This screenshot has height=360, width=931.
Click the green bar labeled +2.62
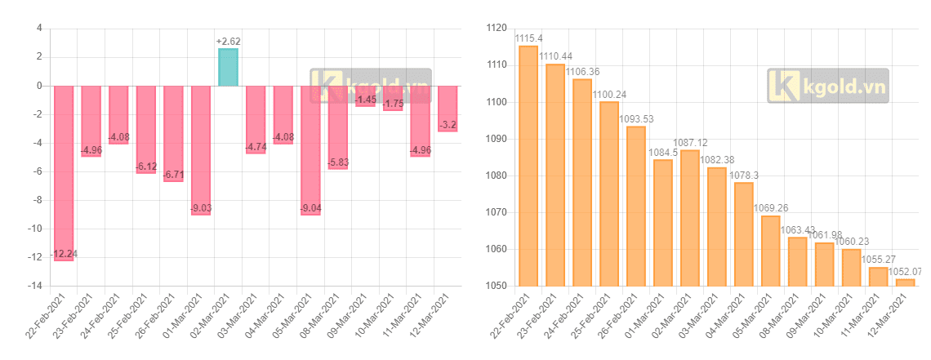tap(228, 67)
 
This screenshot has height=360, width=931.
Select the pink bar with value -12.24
tap(64, 173)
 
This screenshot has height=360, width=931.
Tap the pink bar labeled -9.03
tap(201, 150)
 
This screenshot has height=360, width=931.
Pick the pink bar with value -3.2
tap(448, 109)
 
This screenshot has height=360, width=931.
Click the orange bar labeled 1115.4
tap(528, 166)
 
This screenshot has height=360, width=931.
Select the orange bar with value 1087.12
tap(690, 218)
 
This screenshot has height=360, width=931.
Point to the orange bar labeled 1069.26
tap(771, 251)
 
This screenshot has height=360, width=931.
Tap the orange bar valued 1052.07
tap(906, 282)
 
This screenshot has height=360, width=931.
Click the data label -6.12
tap(145, 167)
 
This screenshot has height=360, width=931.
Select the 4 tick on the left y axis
tap(38, 29)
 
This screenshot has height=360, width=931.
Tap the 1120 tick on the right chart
tap(497, 29)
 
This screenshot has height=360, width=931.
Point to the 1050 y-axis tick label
tap(497, 286)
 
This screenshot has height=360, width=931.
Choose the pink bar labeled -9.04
tap(310, 150)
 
